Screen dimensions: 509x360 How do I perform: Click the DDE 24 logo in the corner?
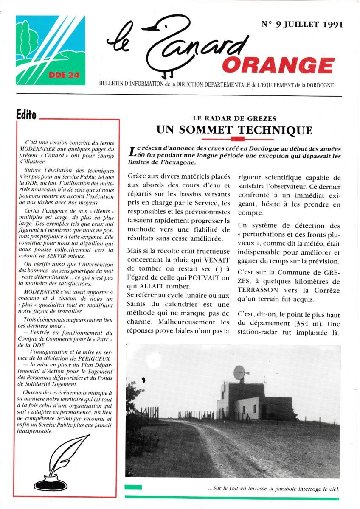point(51,50)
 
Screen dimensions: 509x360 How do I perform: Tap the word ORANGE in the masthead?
point(278,66)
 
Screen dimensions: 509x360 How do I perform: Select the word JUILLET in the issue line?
point(297,24)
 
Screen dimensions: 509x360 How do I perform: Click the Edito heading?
point(26,115)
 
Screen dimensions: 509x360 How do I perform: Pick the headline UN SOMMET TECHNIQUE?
point(234,130)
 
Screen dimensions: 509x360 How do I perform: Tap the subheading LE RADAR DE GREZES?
point(234,119)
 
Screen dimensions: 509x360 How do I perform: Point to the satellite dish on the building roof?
point(240,373)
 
